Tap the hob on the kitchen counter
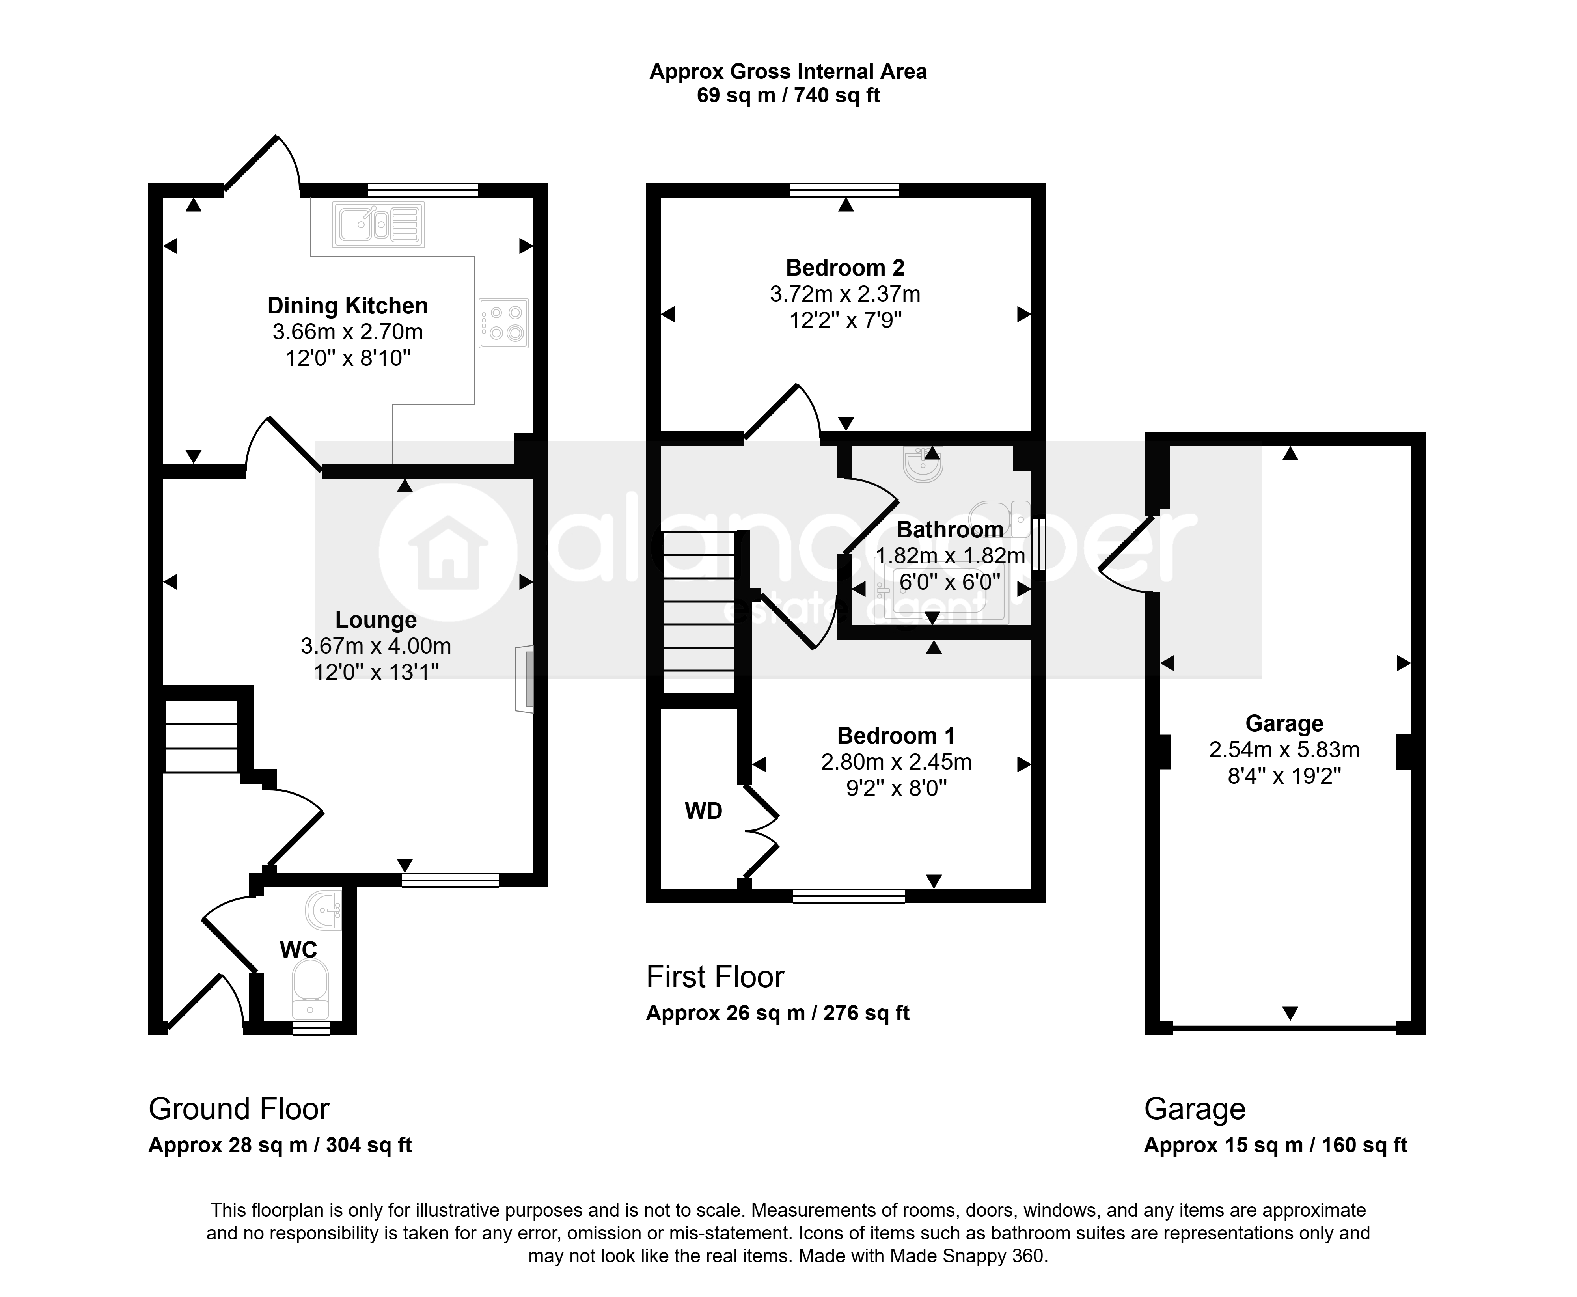[503, 323]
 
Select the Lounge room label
[376, 619]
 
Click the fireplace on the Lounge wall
[524, 678]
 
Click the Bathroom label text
[949, 530]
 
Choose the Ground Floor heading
[239, 1109]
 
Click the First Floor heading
[715, 976]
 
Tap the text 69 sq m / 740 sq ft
[788, 96]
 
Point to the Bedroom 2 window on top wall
[845, 190]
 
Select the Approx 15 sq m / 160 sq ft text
[1275, 1145]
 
